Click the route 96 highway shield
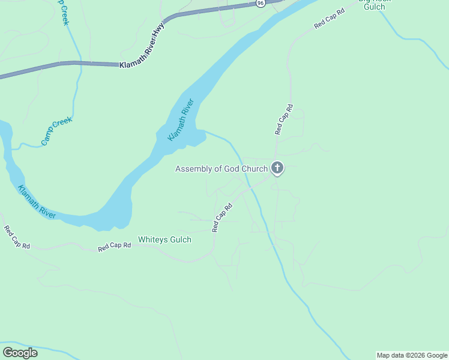coord(260,3)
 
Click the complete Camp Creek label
coord(56,131)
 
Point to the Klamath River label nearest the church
coord(181,120)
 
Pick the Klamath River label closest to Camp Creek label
coord(37,202)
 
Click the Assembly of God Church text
coord(221,169)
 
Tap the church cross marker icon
coord(277,168)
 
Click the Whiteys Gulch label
coord(164,239)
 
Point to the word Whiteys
coord(152,239)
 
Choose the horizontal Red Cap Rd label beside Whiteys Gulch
coord(114,247)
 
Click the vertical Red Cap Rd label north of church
coord(283,119)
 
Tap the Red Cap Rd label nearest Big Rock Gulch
coord(330,19)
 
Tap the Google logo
coord(20,353)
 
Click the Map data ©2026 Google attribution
coord(412,355)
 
